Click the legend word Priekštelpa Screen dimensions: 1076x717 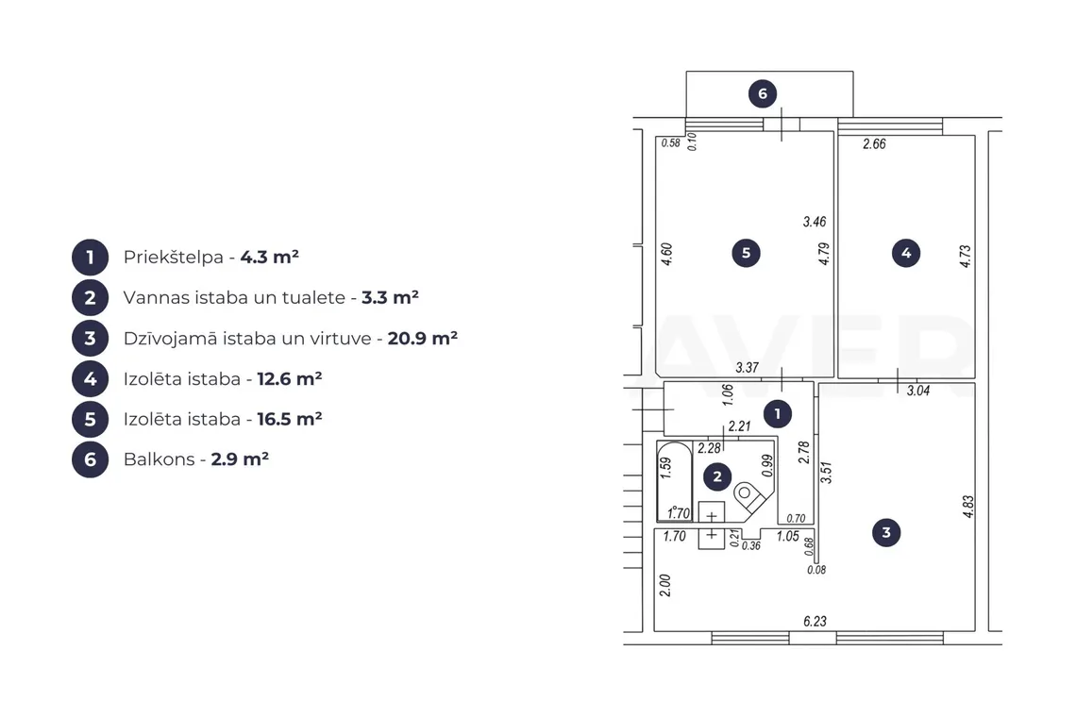pyautogui.click(x=174, y=258)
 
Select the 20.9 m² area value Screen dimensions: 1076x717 pyautogui.click(x=423, y=339)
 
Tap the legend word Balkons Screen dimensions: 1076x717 pyautogui.click(x=160, y=459)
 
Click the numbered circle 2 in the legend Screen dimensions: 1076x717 pyautogui.click(x=90, y=298)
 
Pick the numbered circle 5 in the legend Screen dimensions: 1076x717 pyautogui.click(x=90, y=419)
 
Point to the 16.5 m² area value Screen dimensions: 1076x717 pyautogui.click(x=290, y=419)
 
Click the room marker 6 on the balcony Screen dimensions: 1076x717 pyautogui.click(x=763, y=94)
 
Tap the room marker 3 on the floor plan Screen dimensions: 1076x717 pyautogui.click(x=886, y=532)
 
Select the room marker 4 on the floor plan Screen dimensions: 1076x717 pyautogui.click(x=906, y=253)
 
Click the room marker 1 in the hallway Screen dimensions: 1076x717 pyautogui.click(x=778, y=414)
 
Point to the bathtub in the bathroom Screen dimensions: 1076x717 pyautogui.click(x=675, y=482)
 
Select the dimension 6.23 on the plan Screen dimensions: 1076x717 pyautogui.click(x=815, y=622)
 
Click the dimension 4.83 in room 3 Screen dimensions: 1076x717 pyautogui.click(x=968, y=507)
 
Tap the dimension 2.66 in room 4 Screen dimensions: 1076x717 pyautogui.click(x=874, y=144)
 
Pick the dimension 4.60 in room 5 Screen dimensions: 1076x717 pyautogui.click(x=666, y=254)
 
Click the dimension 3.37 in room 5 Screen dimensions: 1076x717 pyautogui.click(x=748, y=368)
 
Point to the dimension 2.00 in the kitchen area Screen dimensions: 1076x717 pyautogui.click(x=665, y=585)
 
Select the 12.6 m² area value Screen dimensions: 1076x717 pyautogui.click(x=290, y=378)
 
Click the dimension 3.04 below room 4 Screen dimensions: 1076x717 pyautogui.click(x=918, y=392)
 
